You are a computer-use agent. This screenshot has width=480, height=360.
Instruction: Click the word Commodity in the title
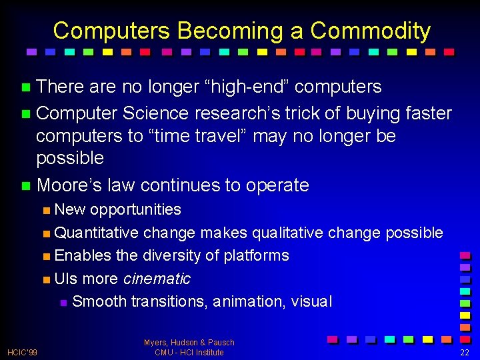370,31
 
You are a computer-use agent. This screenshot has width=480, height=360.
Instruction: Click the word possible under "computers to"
70,158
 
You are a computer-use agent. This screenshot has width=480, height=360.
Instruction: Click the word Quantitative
97,233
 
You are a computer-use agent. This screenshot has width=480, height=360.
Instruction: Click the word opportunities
135,209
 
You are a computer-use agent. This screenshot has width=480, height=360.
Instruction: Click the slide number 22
464,352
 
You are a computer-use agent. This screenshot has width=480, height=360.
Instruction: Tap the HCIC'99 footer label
23,352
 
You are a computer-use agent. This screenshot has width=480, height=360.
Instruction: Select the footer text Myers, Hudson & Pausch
189,343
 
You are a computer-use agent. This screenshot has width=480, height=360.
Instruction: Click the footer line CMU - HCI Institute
189,352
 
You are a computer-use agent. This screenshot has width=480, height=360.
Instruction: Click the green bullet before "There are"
26,87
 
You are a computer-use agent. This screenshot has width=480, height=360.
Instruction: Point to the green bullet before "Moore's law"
26,185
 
